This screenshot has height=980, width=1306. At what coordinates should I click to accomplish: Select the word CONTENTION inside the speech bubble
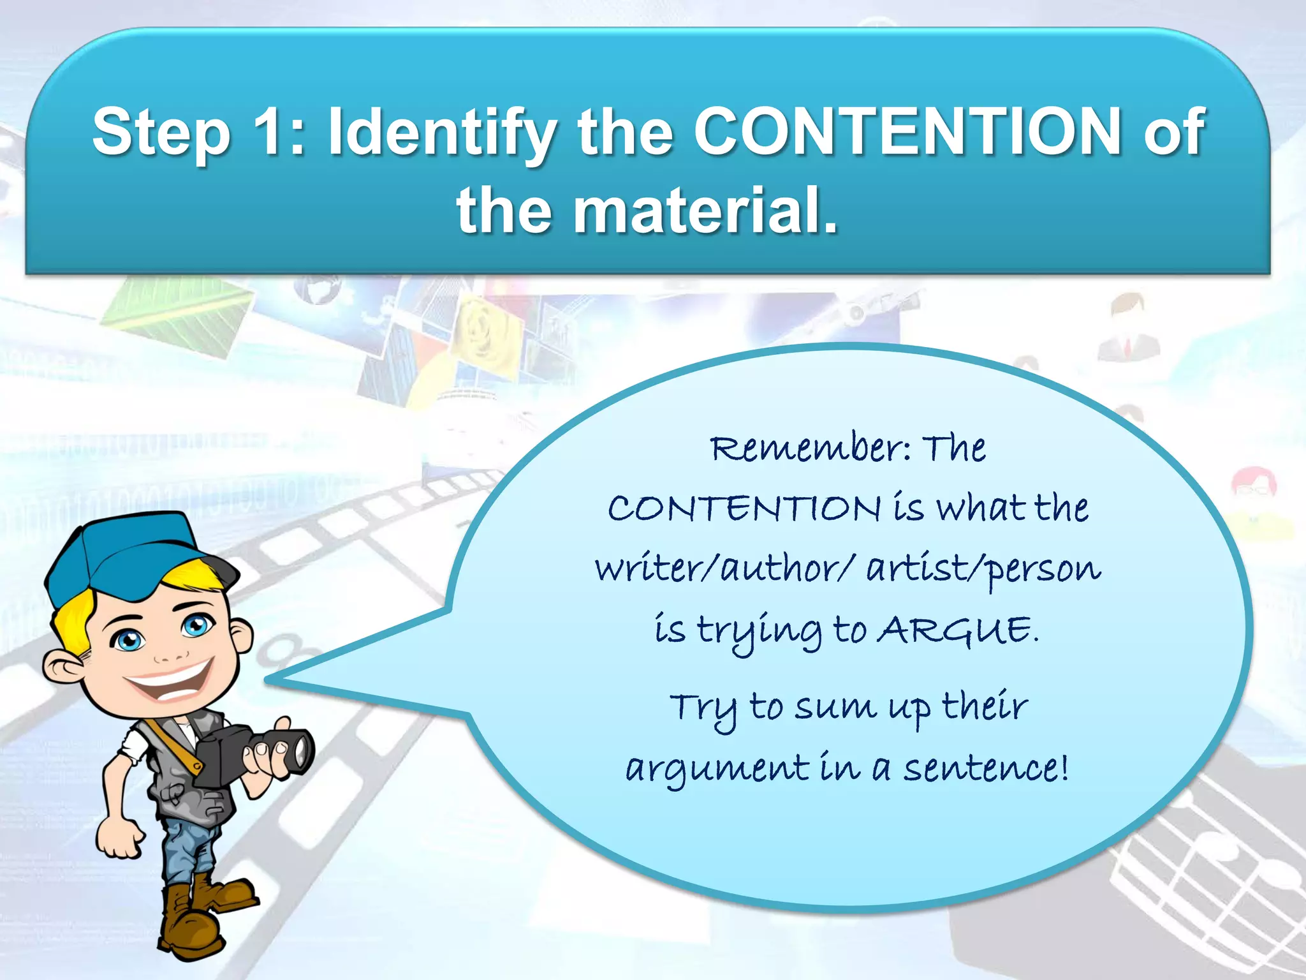coord(744,509)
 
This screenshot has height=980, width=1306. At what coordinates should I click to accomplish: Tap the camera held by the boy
coord(255,756)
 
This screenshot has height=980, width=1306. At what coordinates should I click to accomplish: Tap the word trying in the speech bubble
coord(759,632)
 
